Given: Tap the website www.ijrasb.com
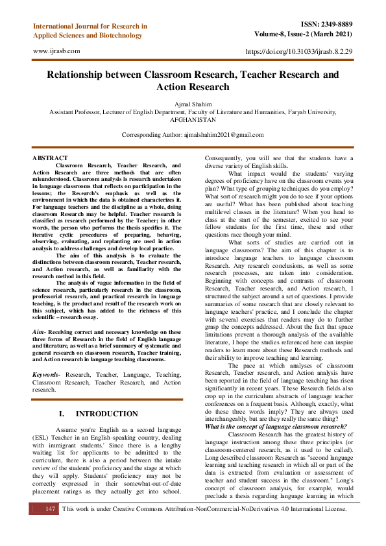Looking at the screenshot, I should point(56,50).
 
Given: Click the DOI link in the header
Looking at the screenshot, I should point(300,51).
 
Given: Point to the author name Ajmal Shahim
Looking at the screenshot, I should point(193,104).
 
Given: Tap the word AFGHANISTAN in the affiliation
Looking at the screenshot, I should point(193,120).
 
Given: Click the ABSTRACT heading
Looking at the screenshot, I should point(50,158).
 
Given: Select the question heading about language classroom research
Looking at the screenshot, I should point(276,425).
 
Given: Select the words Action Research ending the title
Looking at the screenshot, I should point(193,87).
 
